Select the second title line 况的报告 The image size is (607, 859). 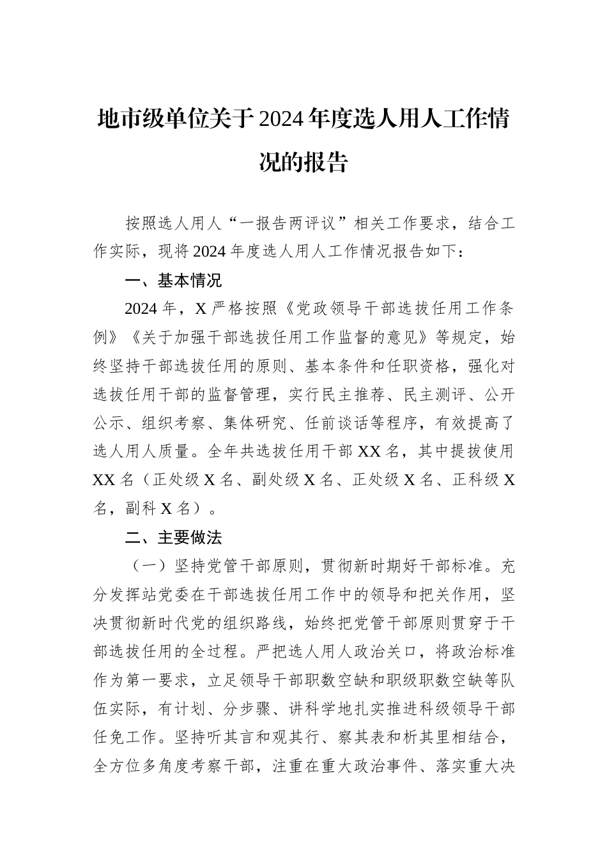coord(303,162)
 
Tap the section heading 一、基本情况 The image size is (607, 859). coord(173,281)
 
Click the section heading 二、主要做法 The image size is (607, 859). coord(173,538)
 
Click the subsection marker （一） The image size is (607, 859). coord(149,566)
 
